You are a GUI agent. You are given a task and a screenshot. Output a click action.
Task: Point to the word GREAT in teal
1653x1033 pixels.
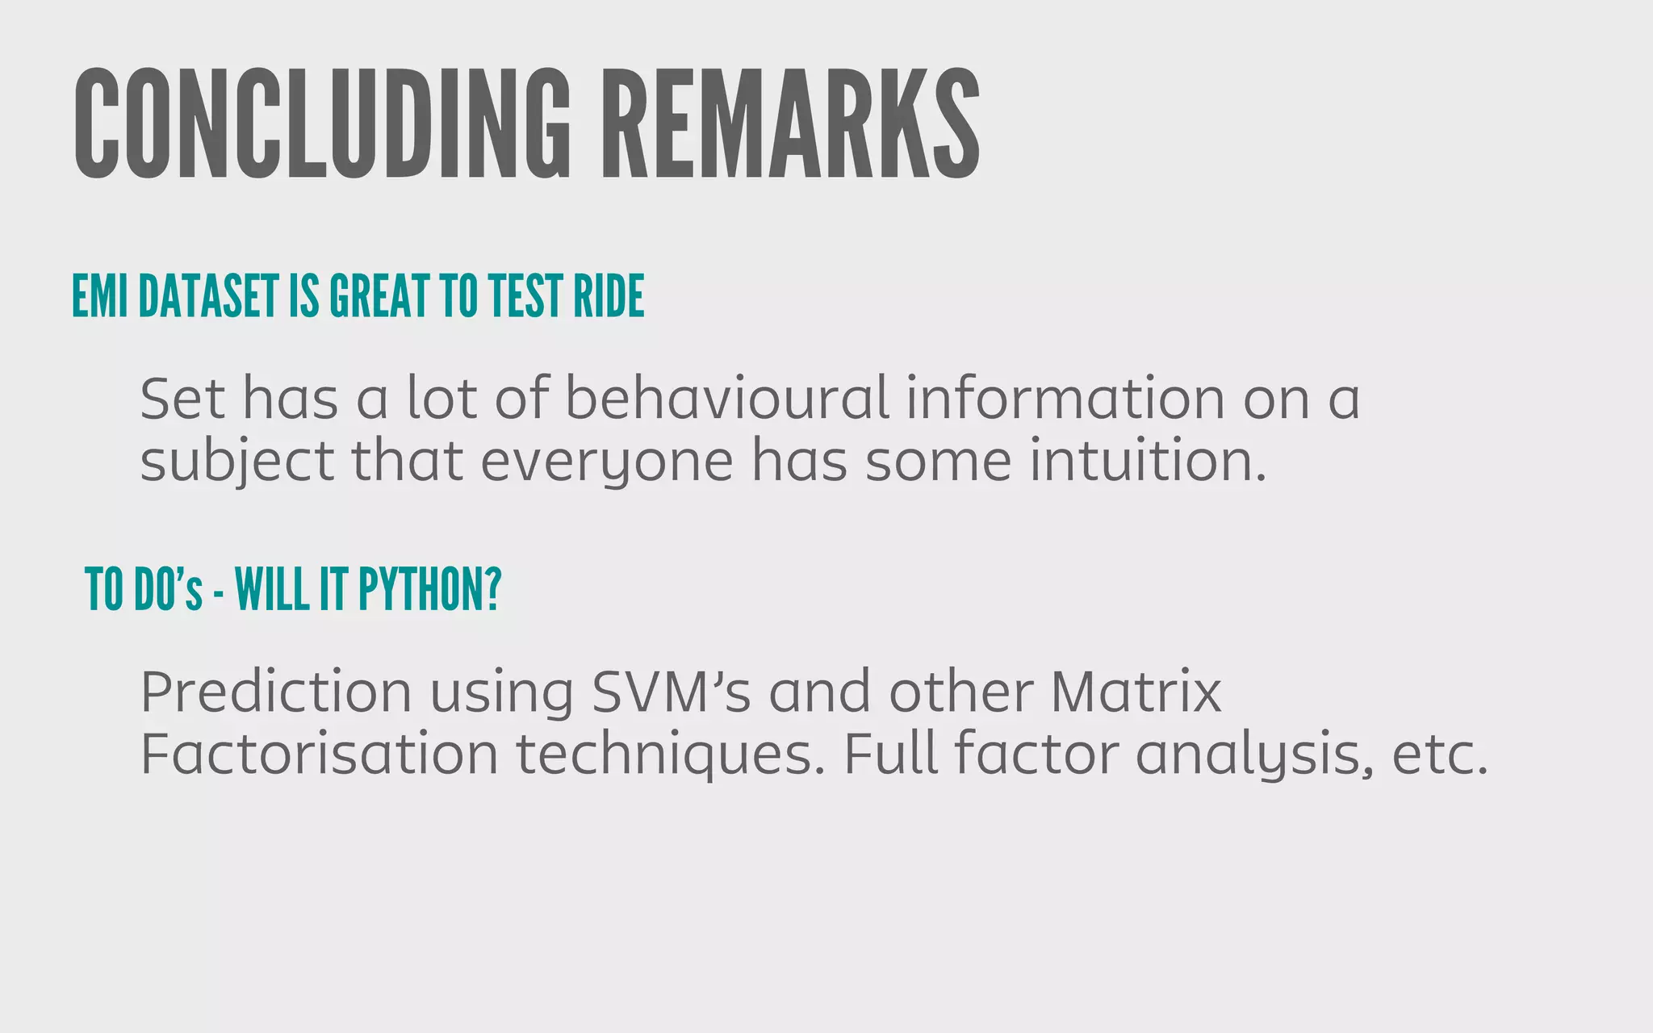point(379,296)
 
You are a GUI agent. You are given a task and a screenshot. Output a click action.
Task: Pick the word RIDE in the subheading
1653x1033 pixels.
point(609,296)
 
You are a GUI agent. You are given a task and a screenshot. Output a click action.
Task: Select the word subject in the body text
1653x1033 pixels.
point(237,461)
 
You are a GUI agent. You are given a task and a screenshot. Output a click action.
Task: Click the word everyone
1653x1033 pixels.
point(607,461)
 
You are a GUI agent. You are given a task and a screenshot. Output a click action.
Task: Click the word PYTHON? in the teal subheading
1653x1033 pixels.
point(429,589)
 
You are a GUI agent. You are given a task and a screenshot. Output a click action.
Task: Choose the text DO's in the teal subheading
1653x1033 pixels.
point(168,589)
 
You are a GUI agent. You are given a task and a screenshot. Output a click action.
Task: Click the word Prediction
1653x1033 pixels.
point(276,692)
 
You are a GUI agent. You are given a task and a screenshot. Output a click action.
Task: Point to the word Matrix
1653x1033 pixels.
point(1136,692)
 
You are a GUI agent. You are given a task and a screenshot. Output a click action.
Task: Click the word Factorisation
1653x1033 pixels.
point(320,755)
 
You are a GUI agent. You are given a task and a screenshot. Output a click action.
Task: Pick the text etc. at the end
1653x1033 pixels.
point(1440,755)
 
